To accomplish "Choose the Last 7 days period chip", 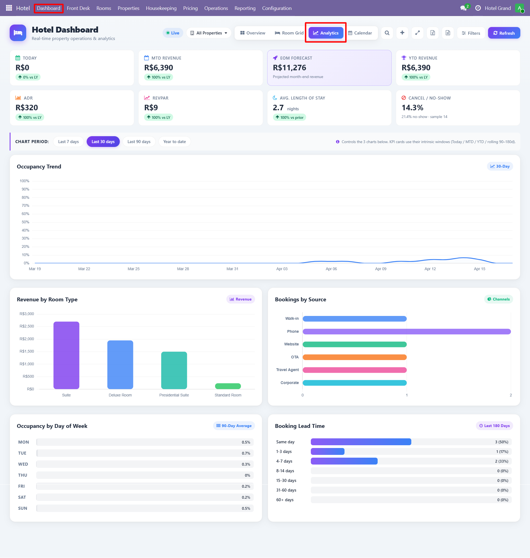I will (68, 142).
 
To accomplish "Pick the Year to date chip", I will (174, 142).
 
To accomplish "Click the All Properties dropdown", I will (208, 33).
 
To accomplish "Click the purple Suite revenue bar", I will (67, 355).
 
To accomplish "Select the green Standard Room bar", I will (228, 386).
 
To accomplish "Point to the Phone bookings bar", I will (406, 331).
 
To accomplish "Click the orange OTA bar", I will (354, 357).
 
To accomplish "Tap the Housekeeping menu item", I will (161, 8).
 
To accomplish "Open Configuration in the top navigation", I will (277, 8).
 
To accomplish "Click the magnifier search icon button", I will (387, 33).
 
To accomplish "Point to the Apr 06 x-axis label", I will (331, 269).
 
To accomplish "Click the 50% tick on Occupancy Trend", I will (25, 222).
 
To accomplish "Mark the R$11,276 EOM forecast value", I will (289, 68).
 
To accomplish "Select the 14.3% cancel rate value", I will (412, 108).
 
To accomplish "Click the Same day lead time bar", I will (361, 442).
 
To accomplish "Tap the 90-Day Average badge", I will (234, 426).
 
